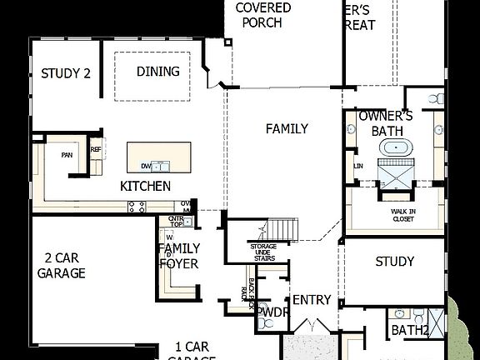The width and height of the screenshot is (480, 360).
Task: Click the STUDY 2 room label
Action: tap(65, 72)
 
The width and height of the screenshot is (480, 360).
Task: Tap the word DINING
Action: tap(157, 72)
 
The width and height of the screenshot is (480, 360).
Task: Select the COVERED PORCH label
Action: tap(262, 15)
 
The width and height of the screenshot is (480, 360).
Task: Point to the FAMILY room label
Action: tap(287, 128)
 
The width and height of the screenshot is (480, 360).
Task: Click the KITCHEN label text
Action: tap(146, 186)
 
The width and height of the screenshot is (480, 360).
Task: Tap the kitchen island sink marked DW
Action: tap(147, 165)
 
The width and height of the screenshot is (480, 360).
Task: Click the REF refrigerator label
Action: tap(96, 150)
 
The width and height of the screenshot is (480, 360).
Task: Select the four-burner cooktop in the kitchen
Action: tap(137, 206)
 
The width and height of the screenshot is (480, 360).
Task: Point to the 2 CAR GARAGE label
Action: tap(61, 266)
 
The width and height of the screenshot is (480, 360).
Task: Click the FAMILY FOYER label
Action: tap(178, 256)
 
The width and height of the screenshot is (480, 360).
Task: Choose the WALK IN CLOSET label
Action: tap(404, 215)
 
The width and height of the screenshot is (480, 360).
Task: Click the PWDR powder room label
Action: tap(271, 312)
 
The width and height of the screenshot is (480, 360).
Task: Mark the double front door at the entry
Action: tap(312, 325)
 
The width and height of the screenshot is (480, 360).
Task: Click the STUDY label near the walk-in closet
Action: tap(394, 262)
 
